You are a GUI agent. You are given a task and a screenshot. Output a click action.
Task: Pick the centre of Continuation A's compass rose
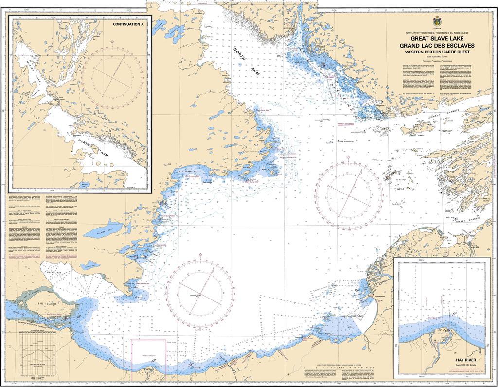click(x=112, y=77)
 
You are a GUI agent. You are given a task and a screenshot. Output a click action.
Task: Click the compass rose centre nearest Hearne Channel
click(x=355, y=192)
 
